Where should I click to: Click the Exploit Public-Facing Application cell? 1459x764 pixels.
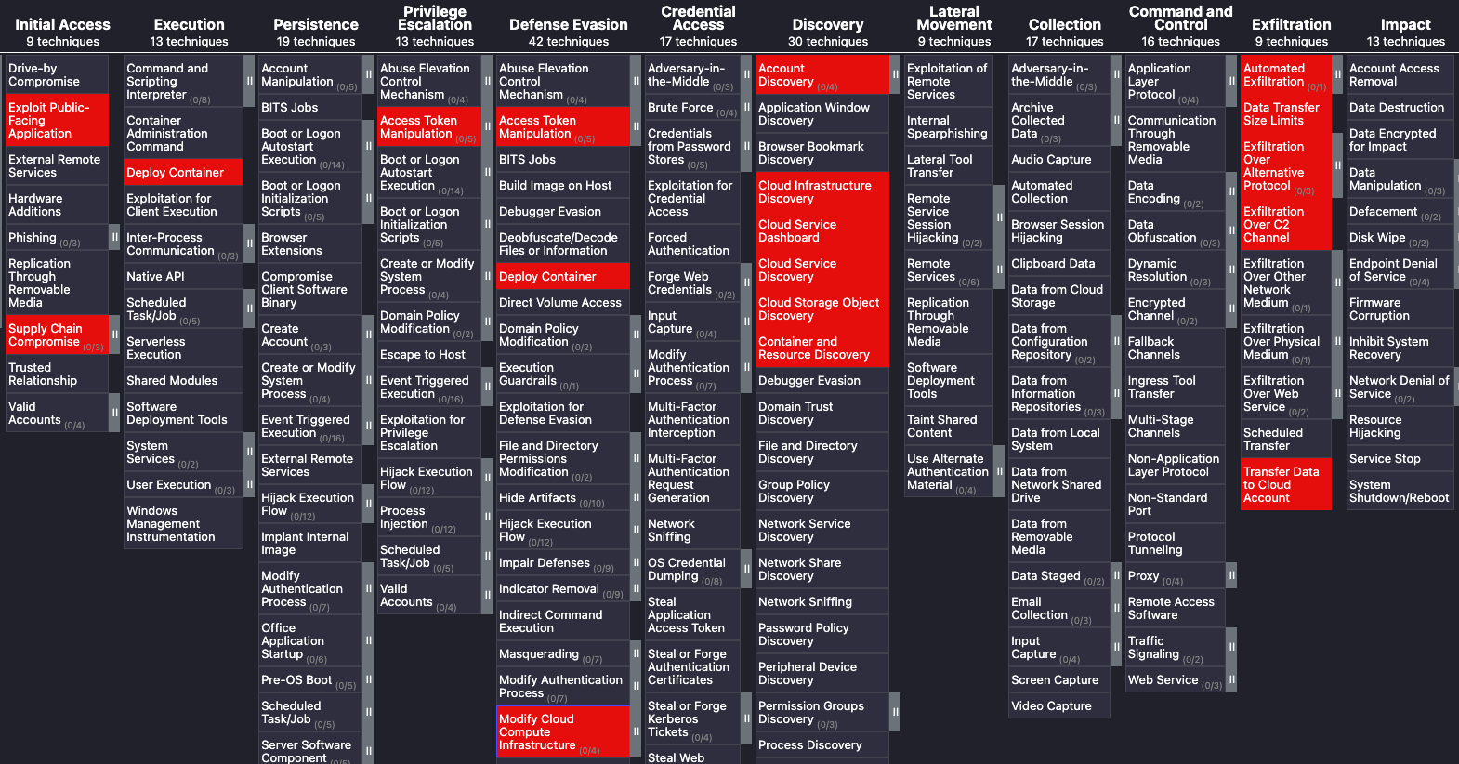click(56, 121)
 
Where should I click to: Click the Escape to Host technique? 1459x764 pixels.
click(428, 355)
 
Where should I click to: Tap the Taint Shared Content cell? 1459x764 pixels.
click(949, 427)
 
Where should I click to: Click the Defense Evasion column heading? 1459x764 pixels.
click(569, 25)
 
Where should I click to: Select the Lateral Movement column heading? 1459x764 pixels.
click(954, 19)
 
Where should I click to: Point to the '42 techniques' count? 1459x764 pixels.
click(569, 42)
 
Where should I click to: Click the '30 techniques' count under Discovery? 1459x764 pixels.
click(828, 42)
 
